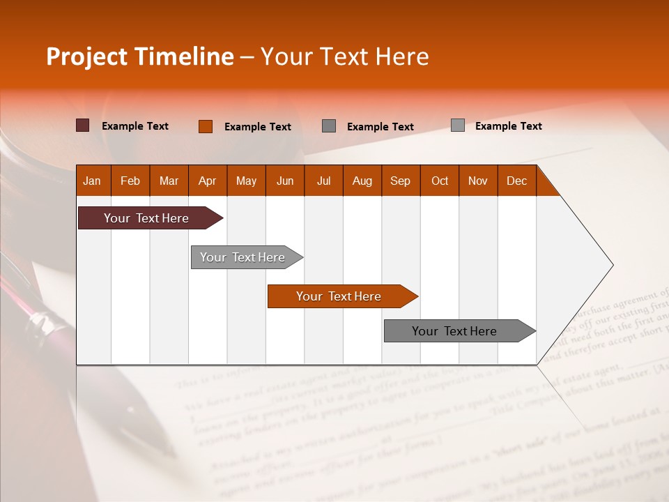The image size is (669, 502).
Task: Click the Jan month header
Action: click(93, 181)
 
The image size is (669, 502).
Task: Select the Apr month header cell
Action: click(208, 181)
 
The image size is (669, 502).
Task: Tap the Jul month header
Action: click(323, 181)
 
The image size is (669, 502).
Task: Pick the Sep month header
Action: click(401, 181)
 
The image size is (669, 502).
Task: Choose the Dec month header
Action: click(516, 181)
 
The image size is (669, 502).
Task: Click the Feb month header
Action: click(130, 181)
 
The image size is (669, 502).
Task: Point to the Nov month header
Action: click(478, 181)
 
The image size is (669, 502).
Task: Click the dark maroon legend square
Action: click(83, 125)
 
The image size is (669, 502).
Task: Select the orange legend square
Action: click(206, 126)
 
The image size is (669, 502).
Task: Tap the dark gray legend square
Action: click(329, 126)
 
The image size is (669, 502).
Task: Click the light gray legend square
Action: click(458, 125)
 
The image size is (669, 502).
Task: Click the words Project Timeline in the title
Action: click(140, 56)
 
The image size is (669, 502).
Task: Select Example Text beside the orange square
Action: click(257, 127)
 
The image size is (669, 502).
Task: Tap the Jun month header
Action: click(285, 181)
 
